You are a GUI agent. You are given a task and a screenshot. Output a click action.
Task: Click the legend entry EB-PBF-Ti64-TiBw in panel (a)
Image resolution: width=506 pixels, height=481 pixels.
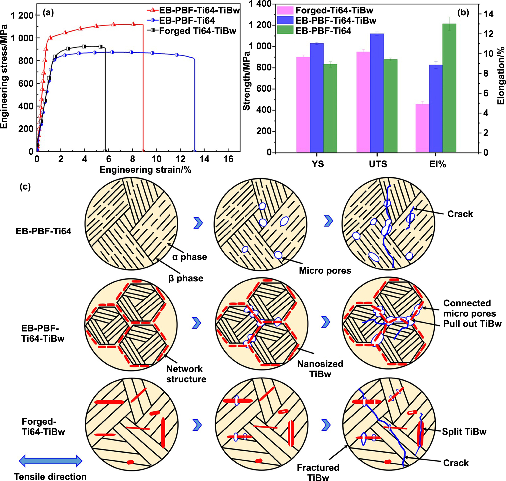pos(199,10)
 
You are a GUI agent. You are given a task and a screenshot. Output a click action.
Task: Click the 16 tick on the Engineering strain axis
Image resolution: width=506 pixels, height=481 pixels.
pos(228,159)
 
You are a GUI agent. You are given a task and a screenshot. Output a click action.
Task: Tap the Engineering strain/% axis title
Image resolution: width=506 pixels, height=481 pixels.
pos(145,170)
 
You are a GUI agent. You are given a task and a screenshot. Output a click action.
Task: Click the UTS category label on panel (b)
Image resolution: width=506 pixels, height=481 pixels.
pos(378,164)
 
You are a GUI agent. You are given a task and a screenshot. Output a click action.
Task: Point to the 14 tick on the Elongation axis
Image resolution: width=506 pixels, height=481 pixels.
pos(488,14)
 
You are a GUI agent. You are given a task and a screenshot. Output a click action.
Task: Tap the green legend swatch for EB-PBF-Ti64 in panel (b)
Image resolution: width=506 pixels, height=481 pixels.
pos(285,30)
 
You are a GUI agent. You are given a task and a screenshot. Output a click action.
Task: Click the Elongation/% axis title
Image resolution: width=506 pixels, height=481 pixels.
pos(501,76)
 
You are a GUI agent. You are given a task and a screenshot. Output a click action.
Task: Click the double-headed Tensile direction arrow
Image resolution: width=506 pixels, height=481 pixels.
pos(51,461)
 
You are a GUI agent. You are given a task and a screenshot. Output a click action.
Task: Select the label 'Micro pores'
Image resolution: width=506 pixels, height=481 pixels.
pos(325,270)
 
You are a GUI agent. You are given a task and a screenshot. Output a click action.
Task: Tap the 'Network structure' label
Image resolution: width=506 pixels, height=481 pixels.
pos(186,374)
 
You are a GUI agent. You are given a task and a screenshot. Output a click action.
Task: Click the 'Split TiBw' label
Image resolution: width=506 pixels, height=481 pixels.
pos(464,432)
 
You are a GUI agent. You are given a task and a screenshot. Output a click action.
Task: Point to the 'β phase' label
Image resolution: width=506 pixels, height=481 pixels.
pos(186,278)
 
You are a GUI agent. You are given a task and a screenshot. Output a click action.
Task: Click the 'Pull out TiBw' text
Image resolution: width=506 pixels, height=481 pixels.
pos(472,324)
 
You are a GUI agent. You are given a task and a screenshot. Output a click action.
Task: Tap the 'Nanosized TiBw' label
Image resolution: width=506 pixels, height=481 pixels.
pos(320,369)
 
